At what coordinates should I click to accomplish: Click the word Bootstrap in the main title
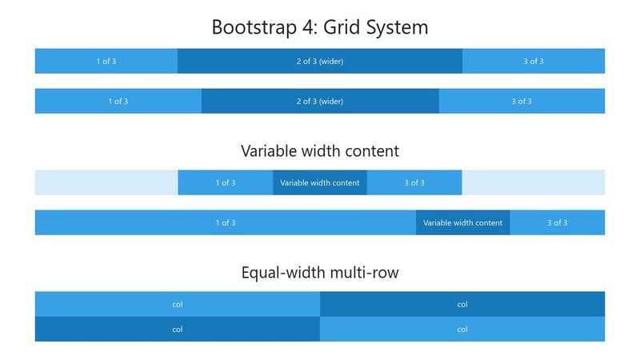tap(254, 28)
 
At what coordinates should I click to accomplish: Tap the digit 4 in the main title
tap(309, 27)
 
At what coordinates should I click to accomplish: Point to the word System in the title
tap(397, 28)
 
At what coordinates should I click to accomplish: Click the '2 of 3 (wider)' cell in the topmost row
tap(320, 62)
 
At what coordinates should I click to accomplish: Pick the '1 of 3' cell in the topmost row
tap(106, 62)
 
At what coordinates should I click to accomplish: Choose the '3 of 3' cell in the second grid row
tap(522, 102)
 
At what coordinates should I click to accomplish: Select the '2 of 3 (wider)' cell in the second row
tap(320, 102)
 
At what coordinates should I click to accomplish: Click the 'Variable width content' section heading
tap(320, 151)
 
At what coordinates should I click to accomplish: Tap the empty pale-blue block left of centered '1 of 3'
tap(106, 182)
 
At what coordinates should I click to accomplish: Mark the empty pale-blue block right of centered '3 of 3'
tap(534, 182)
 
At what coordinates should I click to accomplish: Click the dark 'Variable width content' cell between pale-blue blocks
tap(320, 182)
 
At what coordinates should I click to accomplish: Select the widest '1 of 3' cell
tap(226, 222)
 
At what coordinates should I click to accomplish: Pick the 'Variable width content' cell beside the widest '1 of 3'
tap(463, 222)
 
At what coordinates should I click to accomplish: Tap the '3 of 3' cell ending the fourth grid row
tap(557, 222)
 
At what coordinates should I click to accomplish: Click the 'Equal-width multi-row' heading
tap(320, 273)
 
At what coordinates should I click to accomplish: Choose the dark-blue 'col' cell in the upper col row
tap(462, 304)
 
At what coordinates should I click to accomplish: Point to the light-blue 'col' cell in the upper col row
tap(178, 304)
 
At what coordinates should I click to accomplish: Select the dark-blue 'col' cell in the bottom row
tap(178, 329)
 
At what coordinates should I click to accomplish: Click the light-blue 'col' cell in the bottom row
tap(462, 329)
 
